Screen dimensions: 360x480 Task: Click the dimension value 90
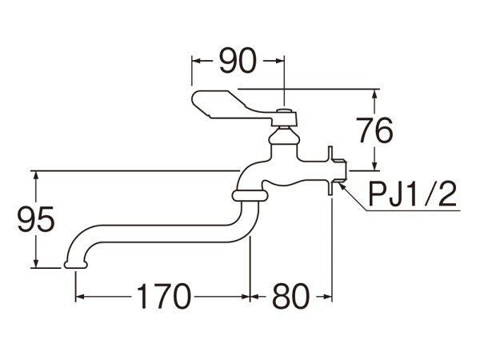pos(237,59)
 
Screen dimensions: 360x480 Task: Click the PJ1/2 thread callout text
pos(412,194)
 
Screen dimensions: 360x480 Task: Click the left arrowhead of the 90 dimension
pos(196,59)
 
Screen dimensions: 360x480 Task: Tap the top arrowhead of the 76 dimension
pos(374,91)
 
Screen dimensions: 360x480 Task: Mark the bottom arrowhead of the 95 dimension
pos(35,263)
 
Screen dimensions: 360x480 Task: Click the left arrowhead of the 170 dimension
pos(79,298)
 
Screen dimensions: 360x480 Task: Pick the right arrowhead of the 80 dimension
pos(327,298)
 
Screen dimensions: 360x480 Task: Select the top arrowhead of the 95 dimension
pos(35,174)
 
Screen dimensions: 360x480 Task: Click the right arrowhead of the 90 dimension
pos(280,59)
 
